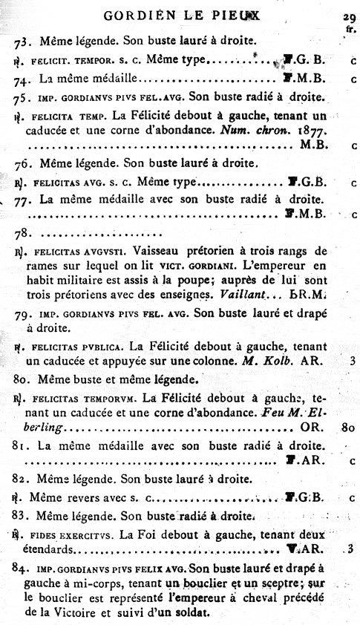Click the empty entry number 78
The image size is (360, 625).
coord(22,234)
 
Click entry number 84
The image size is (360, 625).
coord(22,567)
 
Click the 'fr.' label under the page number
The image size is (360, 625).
coord(350,30)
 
